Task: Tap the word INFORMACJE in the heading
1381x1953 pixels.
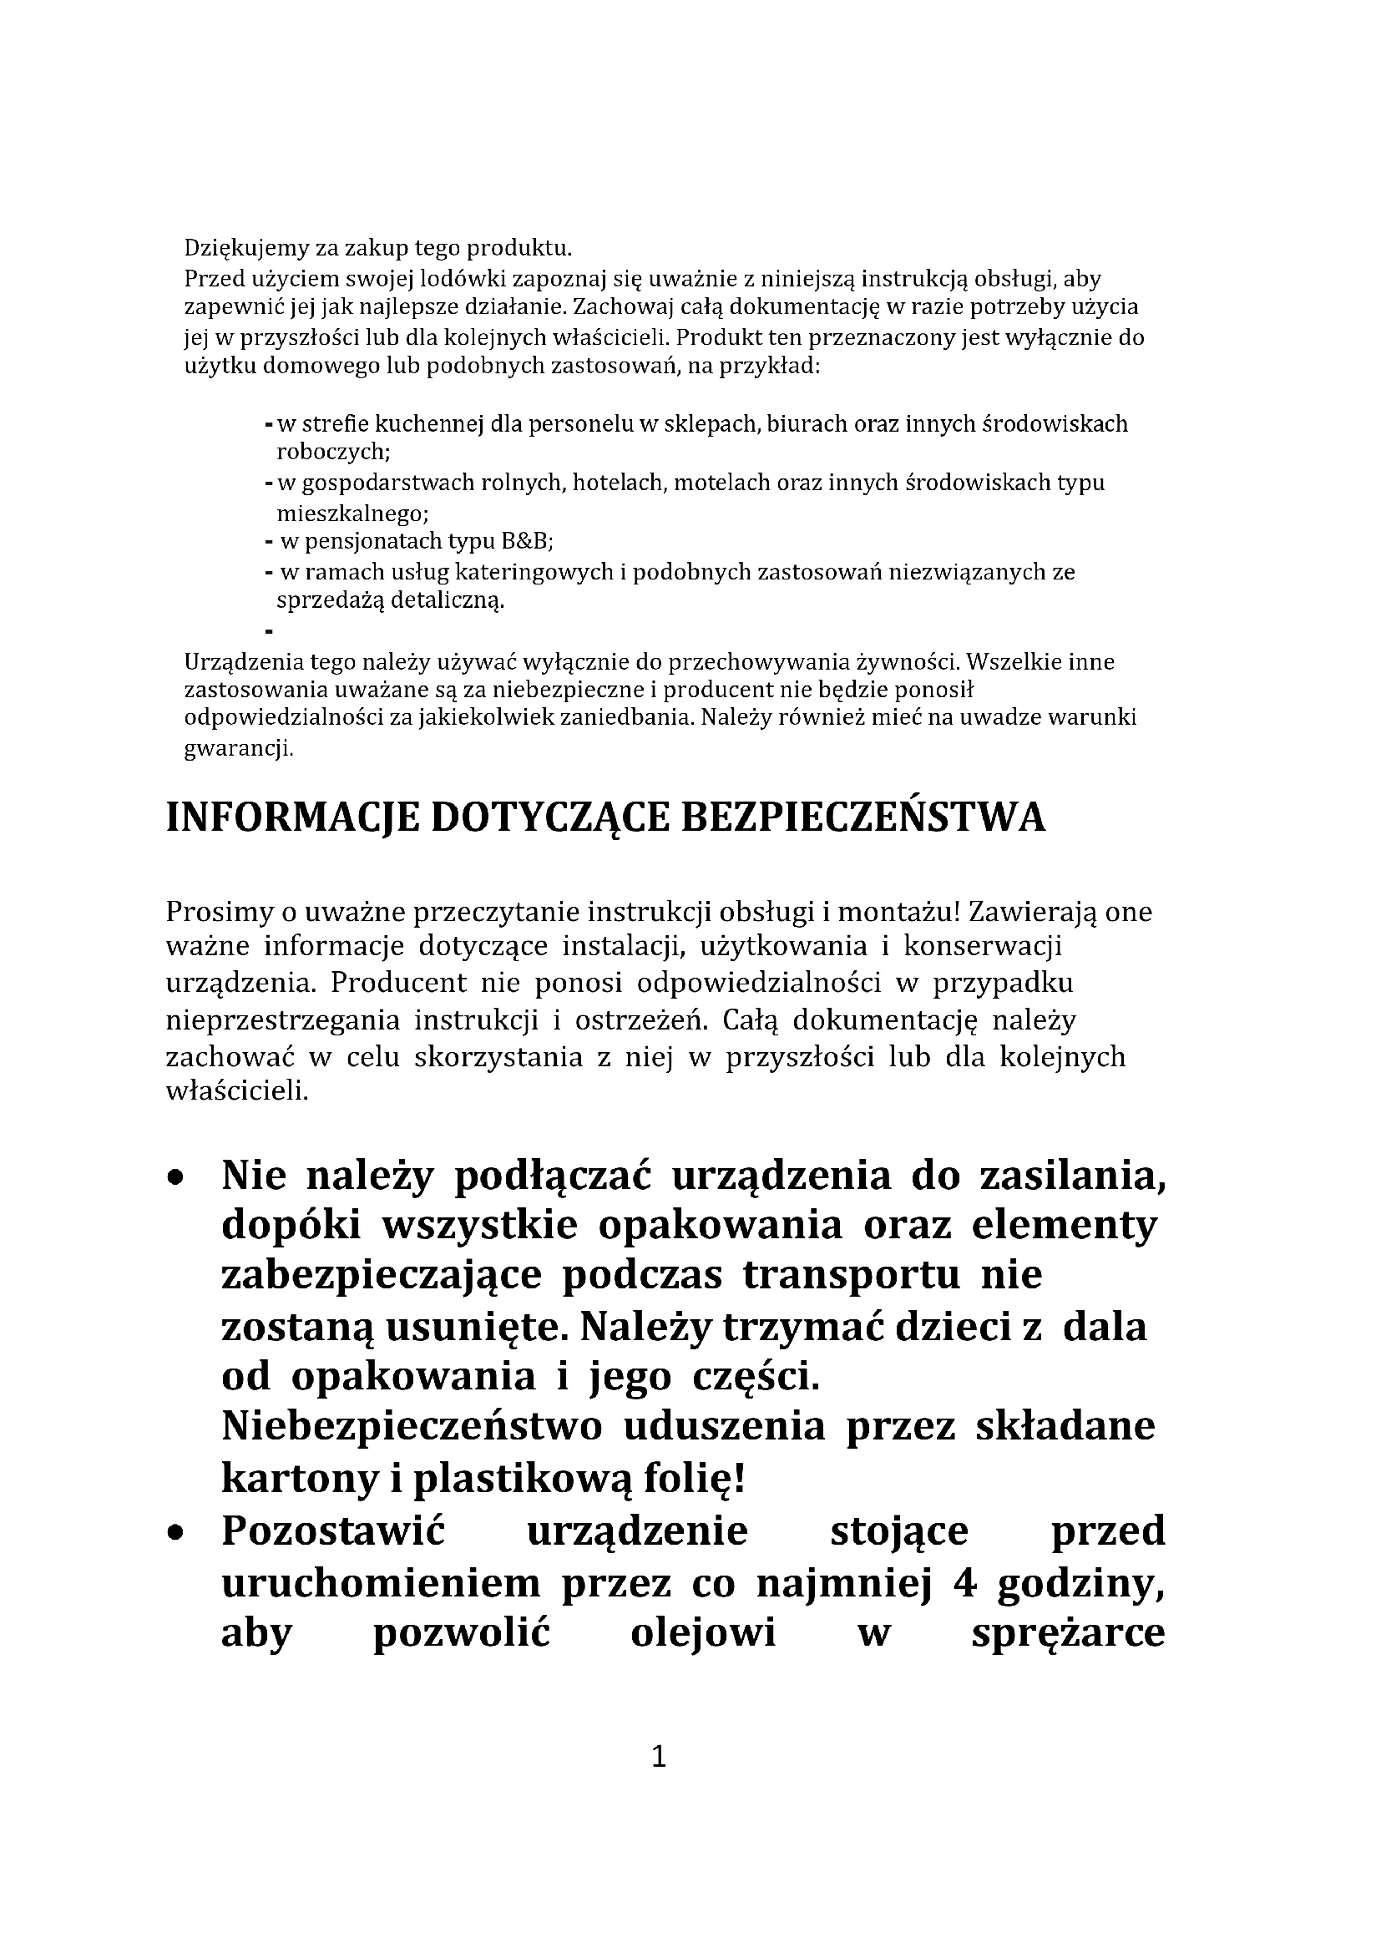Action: [292, 818]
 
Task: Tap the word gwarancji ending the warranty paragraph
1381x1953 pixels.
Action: [238, 749]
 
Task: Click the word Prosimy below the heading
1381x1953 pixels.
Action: [218, 912]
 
